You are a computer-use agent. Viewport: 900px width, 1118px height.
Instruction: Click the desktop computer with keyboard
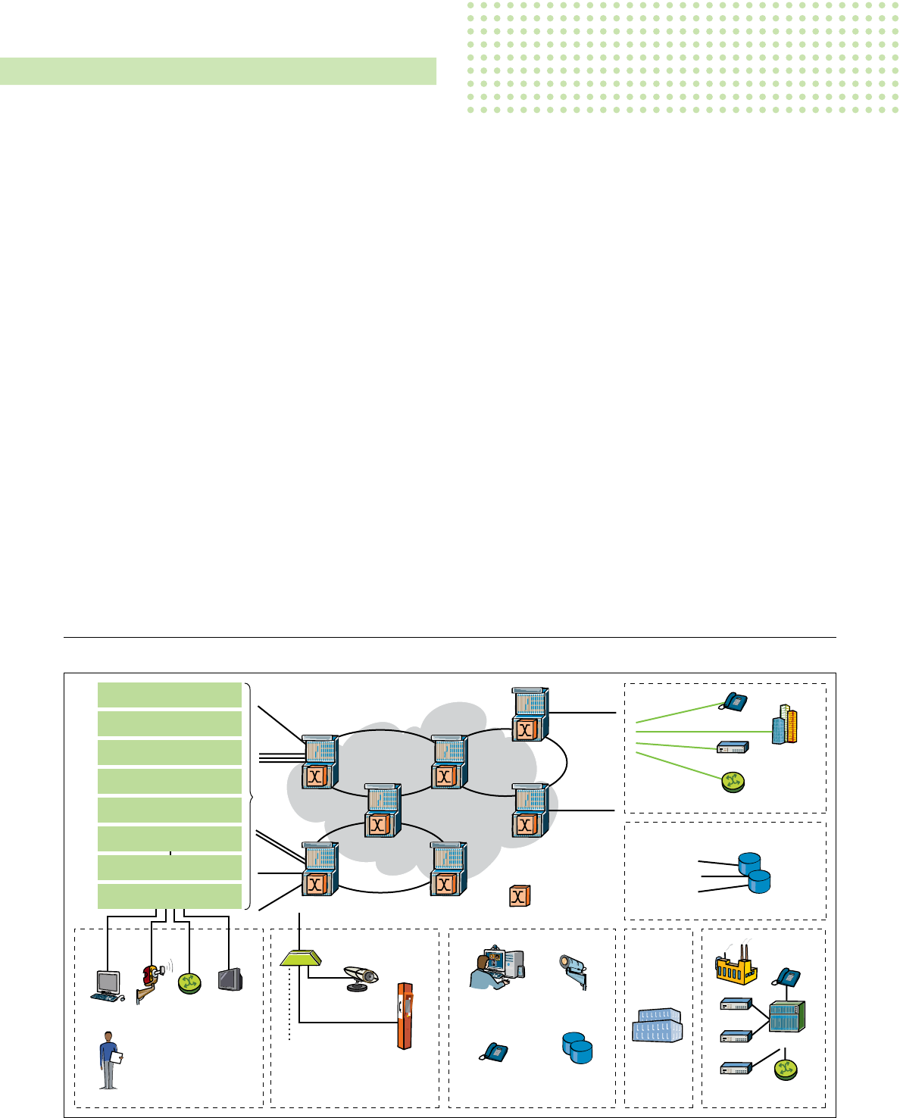107,985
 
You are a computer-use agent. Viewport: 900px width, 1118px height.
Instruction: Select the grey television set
230,979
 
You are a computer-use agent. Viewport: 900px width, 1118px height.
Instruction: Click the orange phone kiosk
406,1015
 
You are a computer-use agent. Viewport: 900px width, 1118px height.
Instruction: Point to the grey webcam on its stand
361,977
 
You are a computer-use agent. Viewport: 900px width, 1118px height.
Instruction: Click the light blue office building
658,1025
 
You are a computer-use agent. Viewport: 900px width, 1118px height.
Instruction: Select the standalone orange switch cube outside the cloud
519,896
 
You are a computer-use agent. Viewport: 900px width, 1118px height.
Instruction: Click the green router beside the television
189,982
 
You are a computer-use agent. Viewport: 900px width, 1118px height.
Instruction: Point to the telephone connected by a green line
733,701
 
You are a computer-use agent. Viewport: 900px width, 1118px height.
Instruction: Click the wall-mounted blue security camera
574,970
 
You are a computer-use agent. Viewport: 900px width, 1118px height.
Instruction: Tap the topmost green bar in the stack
170,695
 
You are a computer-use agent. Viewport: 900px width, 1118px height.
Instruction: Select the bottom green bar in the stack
170,896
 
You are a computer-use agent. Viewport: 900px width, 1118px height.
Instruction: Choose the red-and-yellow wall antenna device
151,980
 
